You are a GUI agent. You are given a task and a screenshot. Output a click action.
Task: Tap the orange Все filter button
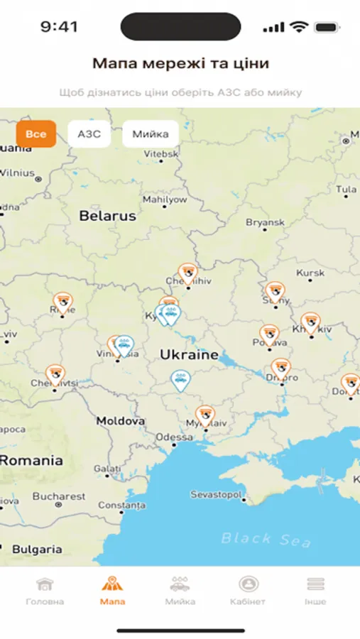(36, 134)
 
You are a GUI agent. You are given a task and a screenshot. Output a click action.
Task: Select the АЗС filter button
(89, 134)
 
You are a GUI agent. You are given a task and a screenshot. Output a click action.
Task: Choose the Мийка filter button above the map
(150, 134)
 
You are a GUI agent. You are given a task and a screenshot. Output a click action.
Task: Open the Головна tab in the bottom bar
(45, 591)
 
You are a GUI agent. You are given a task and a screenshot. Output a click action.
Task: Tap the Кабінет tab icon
(248, 585)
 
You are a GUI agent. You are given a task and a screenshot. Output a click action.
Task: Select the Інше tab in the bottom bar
(315, 591)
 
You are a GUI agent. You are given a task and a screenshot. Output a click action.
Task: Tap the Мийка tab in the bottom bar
(180, 591)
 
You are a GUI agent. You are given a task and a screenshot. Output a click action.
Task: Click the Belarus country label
(107, 216)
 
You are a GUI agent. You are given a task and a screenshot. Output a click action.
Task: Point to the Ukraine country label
(189, 354)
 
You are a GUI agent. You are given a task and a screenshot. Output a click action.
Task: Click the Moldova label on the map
(121, 420)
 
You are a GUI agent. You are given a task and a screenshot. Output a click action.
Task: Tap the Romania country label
(31, 460)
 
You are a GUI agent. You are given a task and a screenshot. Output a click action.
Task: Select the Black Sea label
(266, 539)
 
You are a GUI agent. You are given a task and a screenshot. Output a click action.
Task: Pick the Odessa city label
(174, 437)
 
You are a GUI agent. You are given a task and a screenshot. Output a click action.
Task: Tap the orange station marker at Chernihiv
(187, 273)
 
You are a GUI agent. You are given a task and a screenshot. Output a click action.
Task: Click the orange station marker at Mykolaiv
(205, 415)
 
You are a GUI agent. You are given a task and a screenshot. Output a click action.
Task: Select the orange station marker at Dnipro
(281, 368)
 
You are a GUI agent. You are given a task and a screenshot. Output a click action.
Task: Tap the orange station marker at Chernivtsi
(55, 374)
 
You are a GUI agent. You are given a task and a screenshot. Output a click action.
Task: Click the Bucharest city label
(59, 496)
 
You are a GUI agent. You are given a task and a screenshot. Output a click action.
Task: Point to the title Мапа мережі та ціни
(180, 63)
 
